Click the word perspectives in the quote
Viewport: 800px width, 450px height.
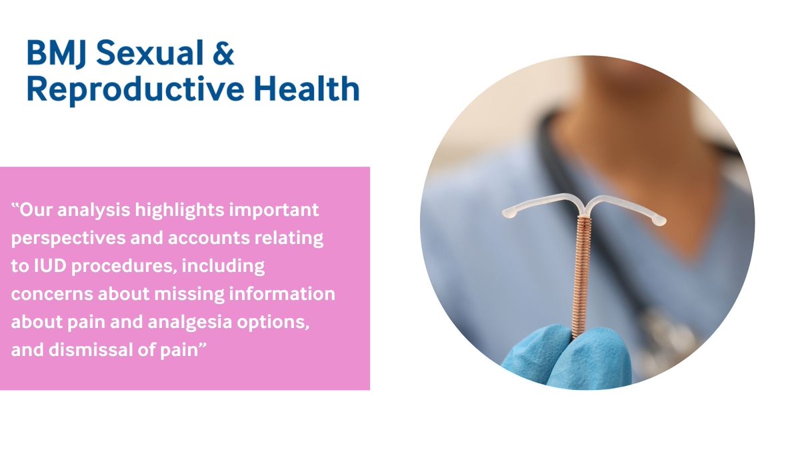click(57, 239)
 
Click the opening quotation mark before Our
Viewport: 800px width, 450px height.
click(15, 208)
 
